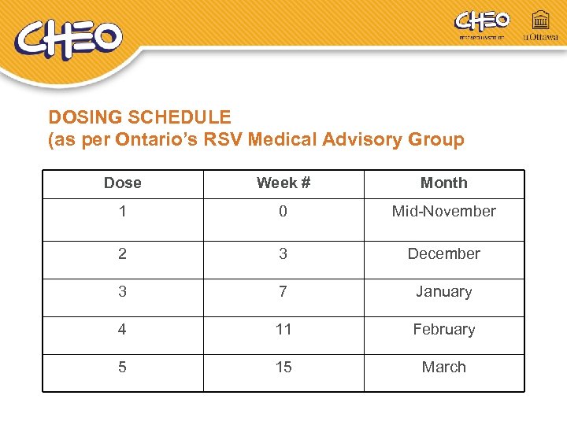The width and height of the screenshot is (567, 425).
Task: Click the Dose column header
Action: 123,183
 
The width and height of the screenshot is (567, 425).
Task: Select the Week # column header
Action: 283,183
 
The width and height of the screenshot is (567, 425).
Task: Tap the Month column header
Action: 443,183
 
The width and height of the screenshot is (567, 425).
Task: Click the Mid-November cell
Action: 443,211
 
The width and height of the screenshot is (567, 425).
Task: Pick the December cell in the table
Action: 443,253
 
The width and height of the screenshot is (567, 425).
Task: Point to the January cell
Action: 443,291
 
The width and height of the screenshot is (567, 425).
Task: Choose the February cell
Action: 443,329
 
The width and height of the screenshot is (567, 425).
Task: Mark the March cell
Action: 443,367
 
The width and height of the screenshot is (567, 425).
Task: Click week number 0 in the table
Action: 283,211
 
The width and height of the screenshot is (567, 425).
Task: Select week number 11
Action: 283,329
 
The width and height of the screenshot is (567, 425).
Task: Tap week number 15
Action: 283,367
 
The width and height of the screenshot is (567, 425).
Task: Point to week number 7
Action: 283,291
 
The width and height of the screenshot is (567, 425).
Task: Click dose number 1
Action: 122,211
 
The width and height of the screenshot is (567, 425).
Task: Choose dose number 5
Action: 122,367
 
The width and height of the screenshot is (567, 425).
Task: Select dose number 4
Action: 122,329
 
